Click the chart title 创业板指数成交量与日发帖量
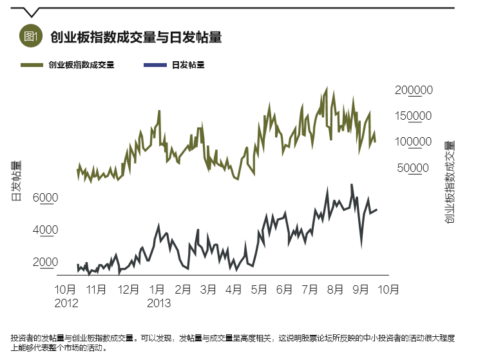point(136,37)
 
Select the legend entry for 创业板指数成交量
point(81,65)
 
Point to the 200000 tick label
point(414,90)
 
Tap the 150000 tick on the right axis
point(414,116)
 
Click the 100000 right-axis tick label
point(414,142)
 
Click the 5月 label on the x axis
point(258,290)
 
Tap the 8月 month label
point(335,290)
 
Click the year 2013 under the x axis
point(158,302)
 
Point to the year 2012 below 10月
point(66,302)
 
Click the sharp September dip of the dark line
point(361,245)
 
